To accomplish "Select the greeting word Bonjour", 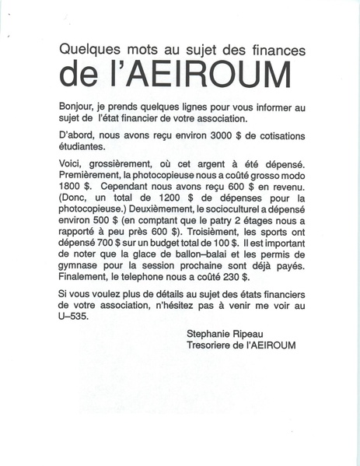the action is click(77, 105).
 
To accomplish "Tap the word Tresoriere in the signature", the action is click(211, 345).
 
